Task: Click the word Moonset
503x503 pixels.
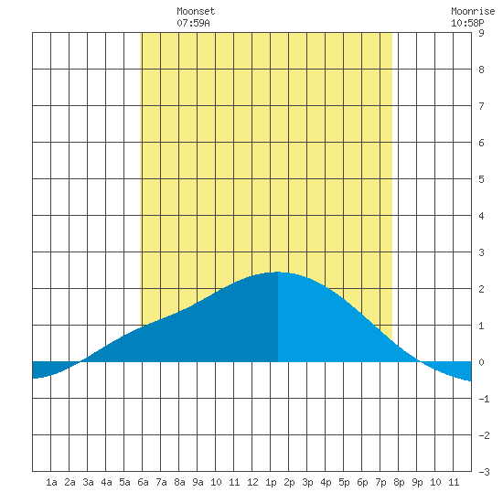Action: [196, 11]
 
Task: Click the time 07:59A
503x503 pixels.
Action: [193, 23]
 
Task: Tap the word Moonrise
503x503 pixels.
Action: [473, 11]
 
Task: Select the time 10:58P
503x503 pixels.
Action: [467, 23]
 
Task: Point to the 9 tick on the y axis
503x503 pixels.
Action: [481, 33]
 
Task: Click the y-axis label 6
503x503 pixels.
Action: [481, 143]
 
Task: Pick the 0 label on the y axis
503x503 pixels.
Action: [481, 362]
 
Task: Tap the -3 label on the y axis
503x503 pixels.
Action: [484, 472]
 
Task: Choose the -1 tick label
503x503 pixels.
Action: [484, 399]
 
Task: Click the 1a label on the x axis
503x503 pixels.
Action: [51, 482]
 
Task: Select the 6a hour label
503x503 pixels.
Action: [143, 482]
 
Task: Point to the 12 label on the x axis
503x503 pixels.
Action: [252, 482]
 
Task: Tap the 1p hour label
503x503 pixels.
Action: [271, 482]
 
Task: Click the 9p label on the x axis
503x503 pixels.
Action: [417, 482]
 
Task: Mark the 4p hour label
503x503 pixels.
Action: [326, 482]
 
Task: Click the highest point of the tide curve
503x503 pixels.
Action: [278, 272]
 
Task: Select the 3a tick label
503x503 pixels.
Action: [88, 482]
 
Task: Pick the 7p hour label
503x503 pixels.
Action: [380, 482]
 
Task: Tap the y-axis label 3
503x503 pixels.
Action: [481, 252]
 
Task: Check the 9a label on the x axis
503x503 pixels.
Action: [198, 482]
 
